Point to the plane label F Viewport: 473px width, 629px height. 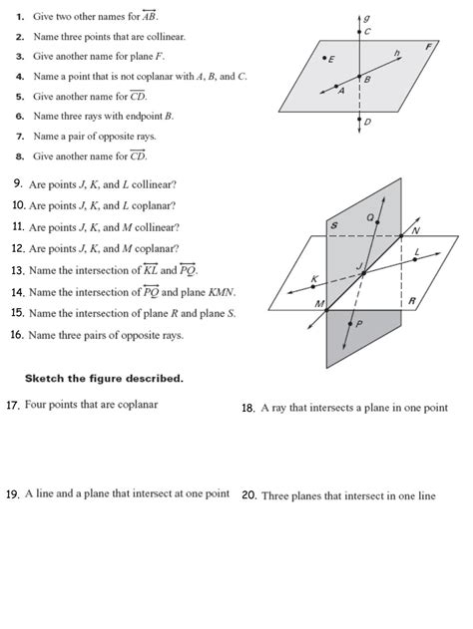pyautogui.click(x=428, y=46)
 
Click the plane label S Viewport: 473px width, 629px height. pyautogui.click(x=334, y=228)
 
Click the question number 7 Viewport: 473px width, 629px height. pyautogui.click(x=20, y=136)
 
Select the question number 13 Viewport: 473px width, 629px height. pyautogui.click(x=17, y=270)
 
